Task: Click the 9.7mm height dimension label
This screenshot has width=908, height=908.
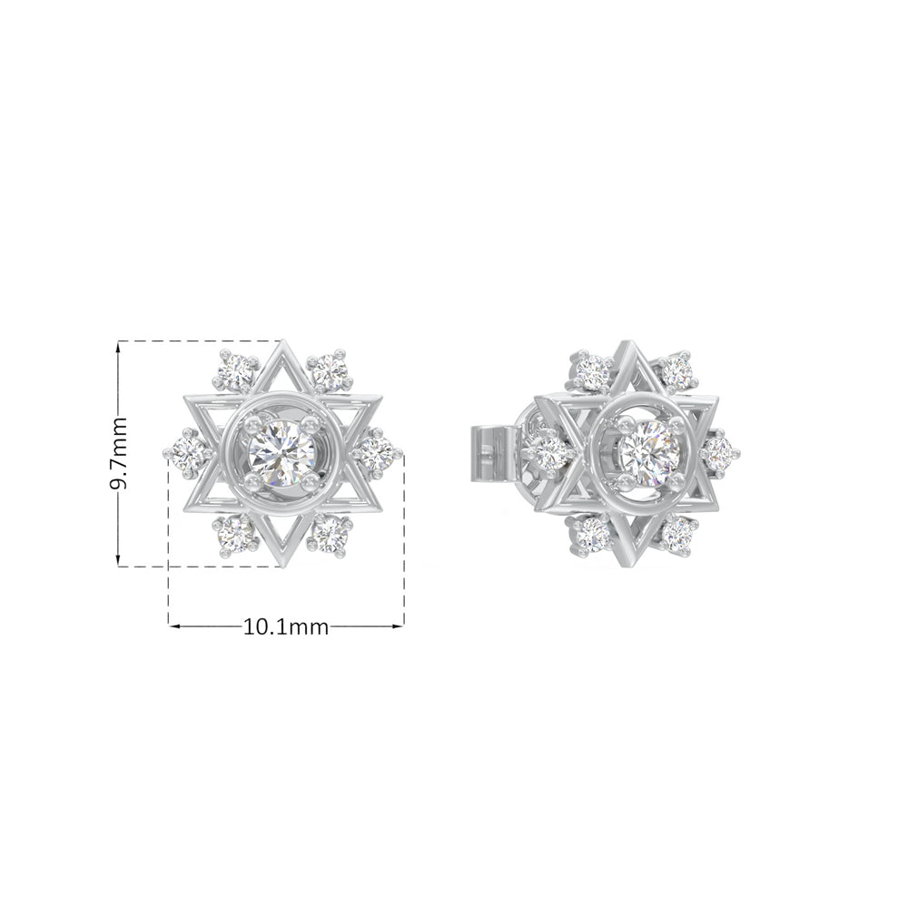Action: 119,454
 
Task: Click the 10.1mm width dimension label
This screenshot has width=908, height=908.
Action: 285,627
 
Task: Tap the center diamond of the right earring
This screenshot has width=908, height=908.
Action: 648,451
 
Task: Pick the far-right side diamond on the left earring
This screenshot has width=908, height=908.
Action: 377,453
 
